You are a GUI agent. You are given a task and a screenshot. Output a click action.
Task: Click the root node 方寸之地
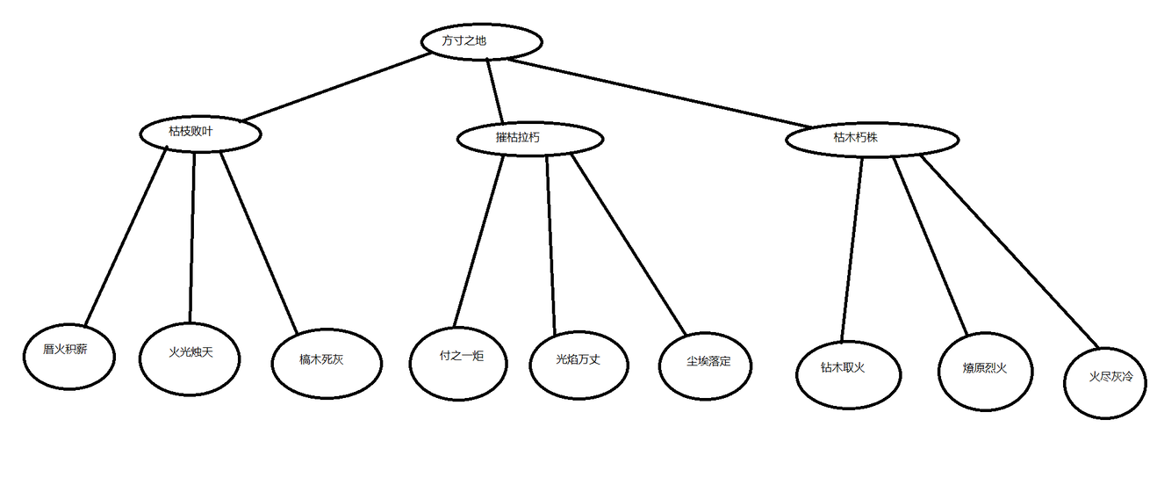[x=480, y=41]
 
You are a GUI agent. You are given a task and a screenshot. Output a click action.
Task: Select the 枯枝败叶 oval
[x=200, y=133]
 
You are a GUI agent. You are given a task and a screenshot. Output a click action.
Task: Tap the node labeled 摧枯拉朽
[x=529, y=138]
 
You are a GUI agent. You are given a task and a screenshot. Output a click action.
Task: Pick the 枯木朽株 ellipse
[x=871, y=139]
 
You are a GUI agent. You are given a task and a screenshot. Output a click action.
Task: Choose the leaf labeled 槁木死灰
[x=327, y=360]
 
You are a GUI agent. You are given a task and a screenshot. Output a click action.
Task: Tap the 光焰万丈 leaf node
[x=578, y=360]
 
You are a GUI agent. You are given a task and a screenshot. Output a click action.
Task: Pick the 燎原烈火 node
[x=985, y=369]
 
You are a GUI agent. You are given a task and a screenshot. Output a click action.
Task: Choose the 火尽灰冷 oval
[x=1106, y=378]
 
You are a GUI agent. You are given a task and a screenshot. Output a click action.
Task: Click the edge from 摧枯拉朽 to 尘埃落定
[x=629, y=246]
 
